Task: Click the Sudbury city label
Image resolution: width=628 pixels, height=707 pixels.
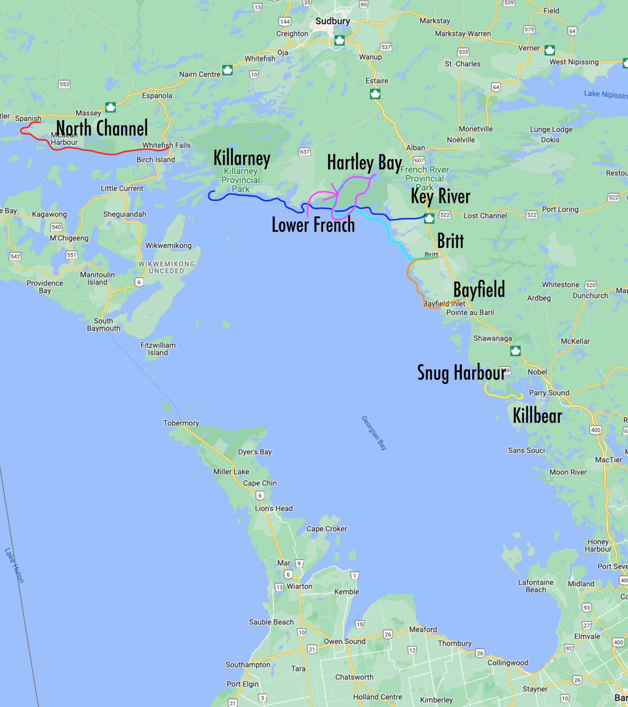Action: pyautogui.click(x=332, y=21)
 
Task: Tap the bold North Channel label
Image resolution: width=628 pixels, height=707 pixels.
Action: pyautogui.click(x=102, y=128)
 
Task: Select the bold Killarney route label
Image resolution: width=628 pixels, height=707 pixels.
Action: pyautogui.click(x=242, y=158)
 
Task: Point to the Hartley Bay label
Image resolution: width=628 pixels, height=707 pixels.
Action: pyautogui.click(x=364, y=163)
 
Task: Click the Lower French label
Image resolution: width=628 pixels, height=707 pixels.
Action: pyautogui.click(x=313, y=224)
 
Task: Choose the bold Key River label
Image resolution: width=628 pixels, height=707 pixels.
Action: pyautogui.click(x=440, y=196)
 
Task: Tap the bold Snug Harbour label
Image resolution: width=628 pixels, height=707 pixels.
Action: pyautogui.click(x=461, y=373)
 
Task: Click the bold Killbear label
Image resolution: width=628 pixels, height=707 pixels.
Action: pyautogui.click(x=537, y=416)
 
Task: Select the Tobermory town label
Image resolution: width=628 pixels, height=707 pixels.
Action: pyautogui.click(x=181, y=423)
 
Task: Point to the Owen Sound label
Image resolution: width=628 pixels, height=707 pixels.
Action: pyautogui.click(x=344, y=641)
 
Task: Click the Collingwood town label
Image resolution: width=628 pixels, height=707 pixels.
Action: pyautogui.click(x=508, y=663)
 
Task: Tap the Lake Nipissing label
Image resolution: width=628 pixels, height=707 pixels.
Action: pyautogui.click(x=605, y=94)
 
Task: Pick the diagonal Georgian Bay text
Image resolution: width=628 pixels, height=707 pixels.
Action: pyautogui.click(x=374, y=433)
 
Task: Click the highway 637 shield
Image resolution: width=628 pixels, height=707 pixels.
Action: pyautogui.click(x=305, y=152)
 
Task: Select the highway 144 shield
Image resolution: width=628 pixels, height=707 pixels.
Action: pyautogui.click(x=285, y=22)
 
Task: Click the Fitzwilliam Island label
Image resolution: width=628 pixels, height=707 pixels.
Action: pyautogui.click(x=158, y=349)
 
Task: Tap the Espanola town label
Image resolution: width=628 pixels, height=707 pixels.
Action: pyautogui.click(x=157, y=96)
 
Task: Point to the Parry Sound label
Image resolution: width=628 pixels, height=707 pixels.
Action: pyautogui.click(x=549, y=393)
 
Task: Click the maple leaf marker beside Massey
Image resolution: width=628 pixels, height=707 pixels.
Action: pyautogui.click(x=111, y=107)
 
